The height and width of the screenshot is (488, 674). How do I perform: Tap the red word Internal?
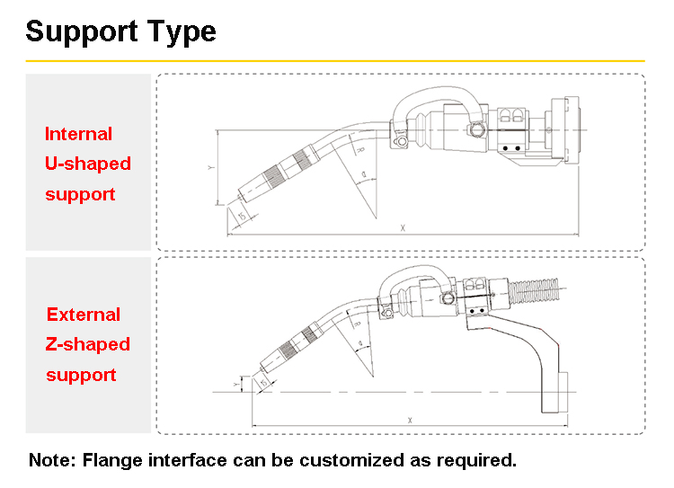tap(79, 134)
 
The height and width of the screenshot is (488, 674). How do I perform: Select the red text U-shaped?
tap(88, 164)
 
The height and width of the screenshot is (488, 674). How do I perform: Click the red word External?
tap(84, 315)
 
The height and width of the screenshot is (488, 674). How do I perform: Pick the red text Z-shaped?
tap(88, 344)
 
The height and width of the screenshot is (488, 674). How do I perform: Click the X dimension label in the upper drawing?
tap(403, 228)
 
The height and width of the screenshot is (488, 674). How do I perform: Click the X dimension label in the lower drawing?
tap(410, 420)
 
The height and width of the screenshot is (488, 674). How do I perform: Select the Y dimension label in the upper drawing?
tap(210, 168)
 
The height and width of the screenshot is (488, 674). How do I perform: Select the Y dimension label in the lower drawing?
tap(236, 384)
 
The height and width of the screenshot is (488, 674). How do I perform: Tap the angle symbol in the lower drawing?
tap(360, 342)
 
